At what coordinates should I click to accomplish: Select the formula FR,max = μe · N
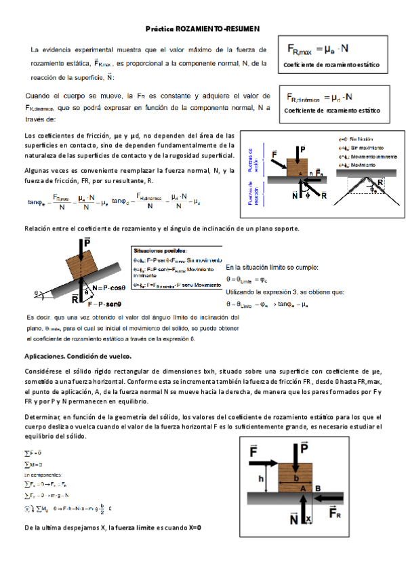318,49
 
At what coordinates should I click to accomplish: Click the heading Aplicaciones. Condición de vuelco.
78,356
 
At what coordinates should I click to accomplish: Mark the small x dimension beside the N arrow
308,519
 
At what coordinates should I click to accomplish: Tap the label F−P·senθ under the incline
104,304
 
